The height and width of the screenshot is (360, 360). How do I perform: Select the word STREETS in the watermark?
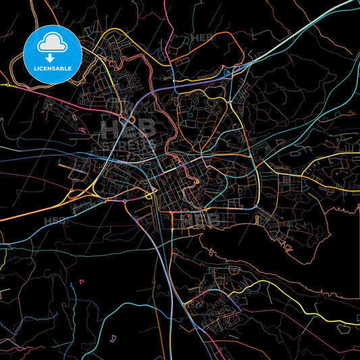point(128,144)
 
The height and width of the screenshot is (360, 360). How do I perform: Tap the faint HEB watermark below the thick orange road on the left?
point(55,221)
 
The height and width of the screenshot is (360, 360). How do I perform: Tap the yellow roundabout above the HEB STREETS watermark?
point(132,120)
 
